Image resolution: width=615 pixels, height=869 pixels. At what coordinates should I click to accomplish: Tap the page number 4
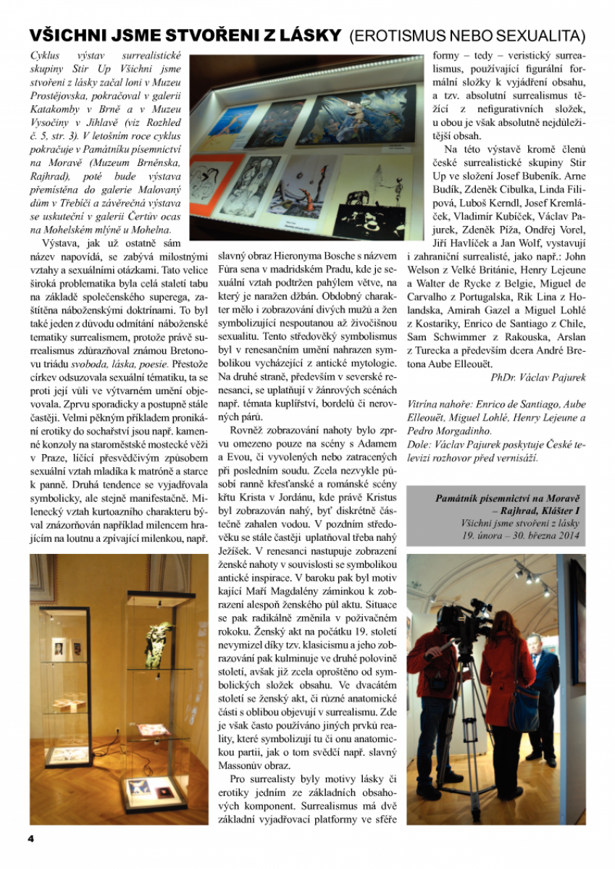click(31, 838)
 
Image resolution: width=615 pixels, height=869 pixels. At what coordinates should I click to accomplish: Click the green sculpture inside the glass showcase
click(156, 638)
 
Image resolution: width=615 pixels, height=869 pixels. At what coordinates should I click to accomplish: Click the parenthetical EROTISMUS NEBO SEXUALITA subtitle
click(467, 35)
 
